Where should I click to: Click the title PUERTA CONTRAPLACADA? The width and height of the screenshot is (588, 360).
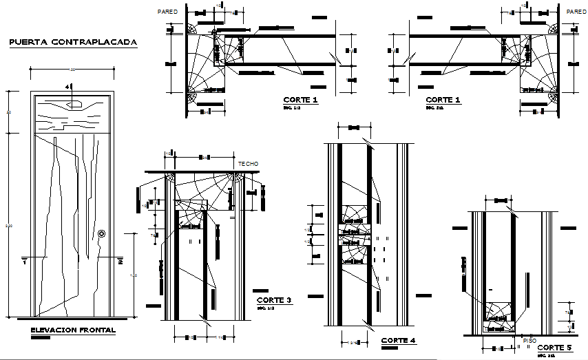73,42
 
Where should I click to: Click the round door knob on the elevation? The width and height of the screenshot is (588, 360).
103,234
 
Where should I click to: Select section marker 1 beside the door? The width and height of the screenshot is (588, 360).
23,262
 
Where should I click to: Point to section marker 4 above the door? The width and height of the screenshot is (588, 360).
67,87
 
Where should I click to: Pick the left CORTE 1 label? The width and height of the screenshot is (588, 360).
301,100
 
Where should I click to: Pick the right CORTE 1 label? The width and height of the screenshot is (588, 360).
443,100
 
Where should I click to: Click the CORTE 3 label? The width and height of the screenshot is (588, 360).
274,300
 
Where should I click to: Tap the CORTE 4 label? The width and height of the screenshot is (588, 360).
399,340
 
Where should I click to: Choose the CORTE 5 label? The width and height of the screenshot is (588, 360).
554,348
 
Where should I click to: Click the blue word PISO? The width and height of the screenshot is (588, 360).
530,340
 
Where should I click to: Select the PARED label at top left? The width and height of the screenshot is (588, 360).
167,12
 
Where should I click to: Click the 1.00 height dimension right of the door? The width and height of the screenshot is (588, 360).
134,276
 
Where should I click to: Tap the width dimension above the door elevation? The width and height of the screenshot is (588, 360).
72,70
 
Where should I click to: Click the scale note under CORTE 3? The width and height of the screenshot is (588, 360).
264,308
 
